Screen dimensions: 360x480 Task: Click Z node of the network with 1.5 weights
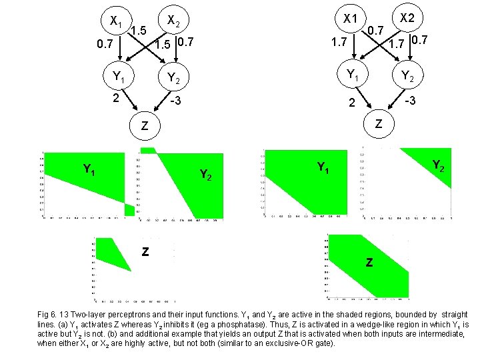point(143,127)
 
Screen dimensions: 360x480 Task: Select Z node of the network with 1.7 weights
point(379,124)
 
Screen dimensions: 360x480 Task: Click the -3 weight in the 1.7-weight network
point(411,100)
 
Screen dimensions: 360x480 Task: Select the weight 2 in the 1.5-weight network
point(115,99)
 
